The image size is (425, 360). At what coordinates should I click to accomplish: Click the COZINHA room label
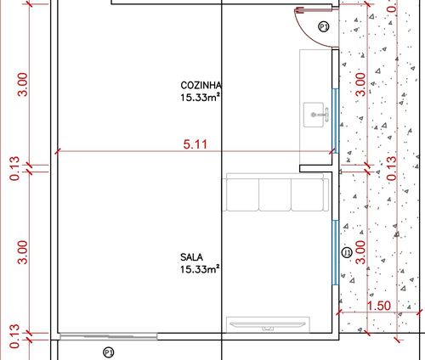[x=201, y=85]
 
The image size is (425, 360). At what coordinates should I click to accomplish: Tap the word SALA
[x=191, y=257]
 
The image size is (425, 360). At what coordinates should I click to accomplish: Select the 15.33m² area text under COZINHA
[x=201, y=98]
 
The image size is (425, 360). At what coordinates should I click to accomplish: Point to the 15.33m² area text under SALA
[x=200, y=269]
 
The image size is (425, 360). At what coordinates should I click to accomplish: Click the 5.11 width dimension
[x=195, y=144]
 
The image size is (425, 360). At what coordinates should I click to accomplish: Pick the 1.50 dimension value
[x=379, y=306]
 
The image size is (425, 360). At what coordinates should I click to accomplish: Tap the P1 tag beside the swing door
[x=324, y=27]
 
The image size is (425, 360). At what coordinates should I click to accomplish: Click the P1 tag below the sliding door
[x=108, y=352]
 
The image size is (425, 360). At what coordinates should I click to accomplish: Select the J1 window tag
[x=347, y=252]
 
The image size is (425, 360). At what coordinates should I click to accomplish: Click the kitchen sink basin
[x=314, y=115]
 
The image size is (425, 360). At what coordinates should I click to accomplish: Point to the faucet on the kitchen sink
[x=321, y=115]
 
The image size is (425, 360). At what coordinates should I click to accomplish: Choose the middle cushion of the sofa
[x=275, y=194]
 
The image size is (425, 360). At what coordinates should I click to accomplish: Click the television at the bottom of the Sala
[x=268, y=324]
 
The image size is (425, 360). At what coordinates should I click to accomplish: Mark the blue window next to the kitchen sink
[x=335, y=121]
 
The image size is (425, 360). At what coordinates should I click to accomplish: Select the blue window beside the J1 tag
[x=335, y=252]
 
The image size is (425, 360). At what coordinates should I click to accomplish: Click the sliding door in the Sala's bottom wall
[x=109, y=336]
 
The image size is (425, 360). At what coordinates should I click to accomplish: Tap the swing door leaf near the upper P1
[x=314, y=11]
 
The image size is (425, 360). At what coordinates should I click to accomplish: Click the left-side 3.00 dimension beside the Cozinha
[x=23, y=85]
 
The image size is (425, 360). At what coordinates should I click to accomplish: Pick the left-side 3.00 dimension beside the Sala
[x=23, y=252]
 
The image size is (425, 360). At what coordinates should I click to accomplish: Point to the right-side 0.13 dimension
[x=392, y=168]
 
